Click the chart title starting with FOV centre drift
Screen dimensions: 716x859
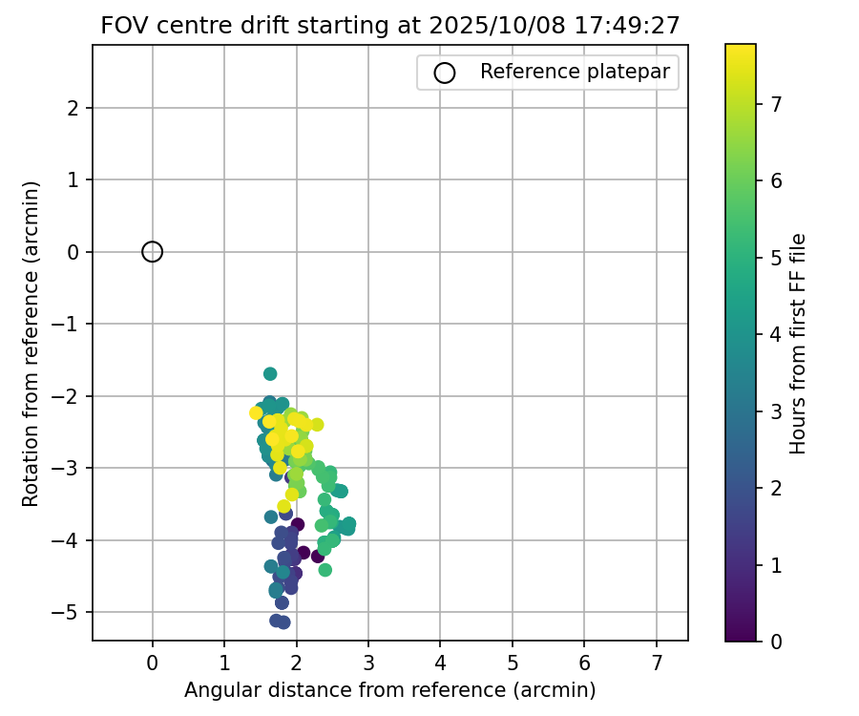389,26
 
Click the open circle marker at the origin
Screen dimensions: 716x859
152,251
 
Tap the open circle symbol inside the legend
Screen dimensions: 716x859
444,73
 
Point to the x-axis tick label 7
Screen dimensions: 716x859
657,663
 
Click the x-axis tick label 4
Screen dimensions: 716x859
440,663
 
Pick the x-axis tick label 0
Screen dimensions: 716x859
152,663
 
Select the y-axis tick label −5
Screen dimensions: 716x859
73,612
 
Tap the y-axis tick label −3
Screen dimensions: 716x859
73,468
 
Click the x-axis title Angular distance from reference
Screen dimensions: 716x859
389,689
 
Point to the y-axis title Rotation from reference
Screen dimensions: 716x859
31,344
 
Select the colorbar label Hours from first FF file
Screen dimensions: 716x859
799,344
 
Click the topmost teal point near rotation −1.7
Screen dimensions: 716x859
270,373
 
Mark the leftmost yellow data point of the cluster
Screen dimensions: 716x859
256,412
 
